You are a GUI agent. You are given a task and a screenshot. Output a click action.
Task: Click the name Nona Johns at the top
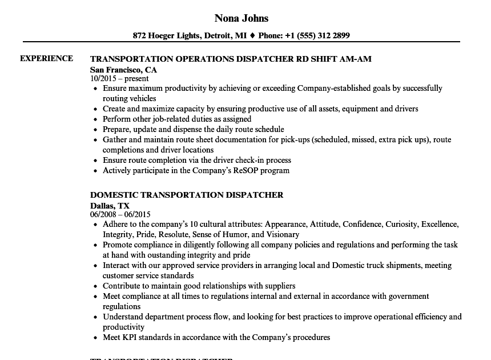pos(242,18)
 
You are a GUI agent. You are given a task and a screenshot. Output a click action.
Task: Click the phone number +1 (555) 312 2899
pos(317,35)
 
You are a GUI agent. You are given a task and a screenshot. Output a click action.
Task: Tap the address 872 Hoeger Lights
pos(166,35)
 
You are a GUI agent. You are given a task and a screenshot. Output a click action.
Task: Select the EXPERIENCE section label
pos(46,58)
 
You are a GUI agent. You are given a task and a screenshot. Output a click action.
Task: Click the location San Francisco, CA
pos(123,70)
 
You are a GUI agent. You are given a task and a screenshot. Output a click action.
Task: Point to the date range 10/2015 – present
pos(119,79)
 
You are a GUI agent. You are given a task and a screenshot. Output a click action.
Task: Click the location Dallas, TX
pos(110,206)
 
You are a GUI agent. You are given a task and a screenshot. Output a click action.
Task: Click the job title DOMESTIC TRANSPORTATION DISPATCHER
pos(187,195)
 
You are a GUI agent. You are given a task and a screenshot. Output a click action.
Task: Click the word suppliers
pos(275,286)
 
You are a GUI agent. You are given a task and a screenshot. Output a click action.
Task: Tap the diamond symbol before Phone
pos(252,35)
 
